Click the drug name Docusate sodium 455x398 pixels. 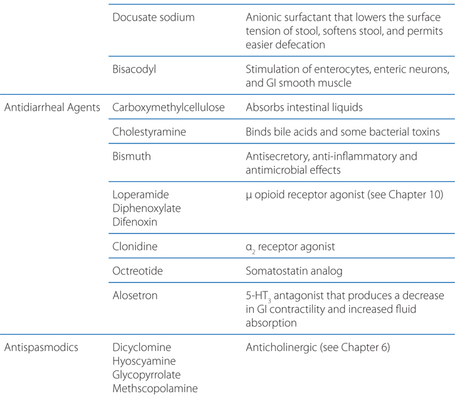click(x=153, y=17)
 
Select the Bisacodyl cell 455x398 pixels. click(x=134, y=69)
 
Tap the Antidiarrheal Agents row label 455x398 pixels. click(x=52, y=107)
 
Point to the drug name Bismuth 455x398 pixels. click(x=133, y=157)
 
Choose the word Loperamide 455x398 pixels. click(x=140, y=195)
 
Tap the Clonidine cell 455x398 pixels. click(x=135, y=246)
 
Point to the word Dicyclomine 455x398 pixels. click(x=142, y=347)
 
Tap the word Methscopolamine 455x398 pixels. click(x=155, y=388)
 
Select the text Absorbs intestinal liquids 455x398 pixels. click(x=304, y=107)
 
